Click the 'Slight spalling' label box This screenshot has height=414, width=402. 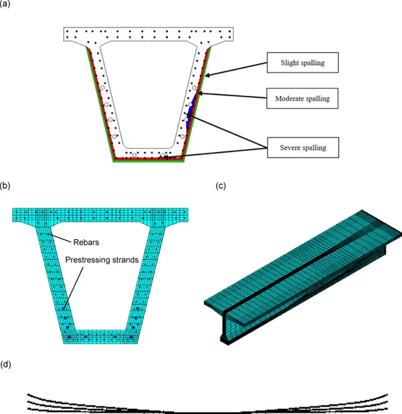point(303,63)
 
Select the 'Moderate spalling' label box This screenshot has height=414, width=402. point(302,98)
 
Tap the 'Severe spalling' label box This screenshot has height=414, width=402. point(303,148)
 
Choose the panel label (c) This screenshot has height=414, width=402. point(221,186)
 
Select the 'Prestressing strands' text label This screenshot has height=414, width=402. point(102,260)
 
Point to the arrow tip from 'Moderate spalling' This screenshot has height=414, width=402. point(199,94)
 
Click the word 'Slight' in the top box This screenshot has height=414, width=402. point(290,63)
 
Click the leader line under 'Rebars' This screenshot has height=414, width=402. point(61,238)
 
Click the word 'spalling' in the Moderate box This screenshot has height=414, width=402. point(317,98)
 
